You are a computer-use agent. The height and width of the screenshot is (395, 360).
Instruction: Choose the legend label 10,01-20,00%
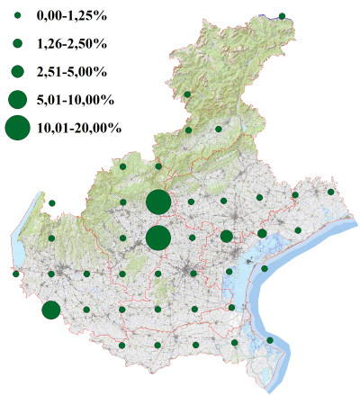tap(79, 128)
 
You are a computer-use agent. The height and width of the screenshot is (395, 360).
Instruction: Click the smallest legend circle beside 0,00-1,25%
tap(17, 17)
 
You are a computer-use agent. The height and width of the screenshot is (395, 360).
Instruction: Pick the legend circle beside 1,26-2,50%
tap(17, 43)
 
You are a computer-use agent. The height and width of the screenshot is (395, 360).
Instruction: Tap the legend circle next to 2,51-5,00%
tap(17, 71)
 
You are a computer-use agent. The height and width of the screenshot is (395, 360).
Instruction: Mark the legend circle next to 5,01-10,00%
tap(17, 98)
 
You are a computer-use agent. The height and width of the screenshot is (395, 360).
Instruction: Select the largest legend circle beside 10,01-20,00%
tap(17, 128)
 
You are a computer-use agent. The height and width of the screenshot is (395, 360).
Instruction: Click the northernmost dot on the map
tap(282, 16)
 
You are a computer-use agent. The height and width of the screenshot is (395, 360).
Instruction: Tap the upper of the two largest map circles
tap(157, 202)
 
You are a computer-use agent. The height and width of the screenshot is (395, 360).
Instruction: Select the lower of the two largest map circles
tap(157, 238)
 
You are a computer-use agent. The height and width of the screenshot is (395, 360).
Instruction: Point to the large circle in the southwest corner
tap(51, 310)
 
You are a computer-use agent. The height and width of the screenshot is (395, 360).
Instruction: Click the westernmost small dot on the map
tap(16, 274)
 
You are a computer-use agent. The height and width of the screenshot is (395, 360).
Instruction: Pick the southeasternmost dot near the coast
tap(270, 340)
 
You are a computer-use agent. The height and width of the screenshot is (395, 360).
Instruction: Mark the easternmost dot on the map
tap(331, 192)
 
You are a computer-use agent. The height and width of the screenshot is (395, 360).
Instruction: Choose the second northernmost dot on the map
tap(187, 94)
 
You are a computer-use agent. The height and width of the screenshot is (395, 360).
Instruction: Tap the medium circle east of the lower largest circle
tap(226, 237)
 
